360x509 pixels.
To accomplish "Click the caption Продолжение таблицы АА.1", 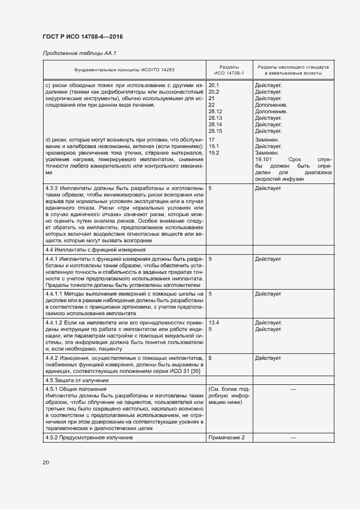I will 80,53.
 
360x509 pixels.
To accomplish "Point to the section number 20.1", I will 214,85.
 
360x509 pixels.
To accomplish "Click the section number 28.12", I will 216,112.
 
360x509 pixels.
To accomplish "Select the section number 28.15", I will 216,131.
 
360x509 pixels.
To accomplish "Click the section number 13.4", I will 214,323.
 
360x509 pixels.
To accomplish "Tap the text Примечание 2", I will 227,438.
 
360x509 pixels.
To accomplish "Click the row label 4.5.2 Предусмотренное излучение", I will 89,438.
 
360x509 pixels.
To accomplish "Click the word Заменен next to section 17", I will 267,140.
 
